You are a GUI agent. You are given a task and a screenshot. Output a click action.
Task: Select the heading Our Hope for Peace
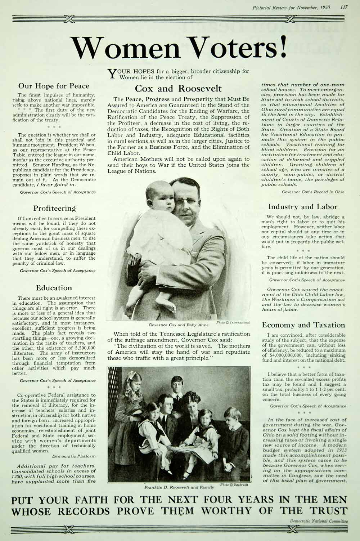click(54, 86)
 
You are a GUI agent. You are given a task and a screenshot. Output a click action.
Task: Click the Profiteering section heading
click(55, 208)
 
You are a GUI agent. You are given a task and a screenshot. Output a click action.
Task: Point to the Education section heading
click(54, 288)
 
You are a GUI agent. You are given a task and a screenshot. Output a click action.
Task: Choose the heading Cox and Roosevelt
click(178, 89)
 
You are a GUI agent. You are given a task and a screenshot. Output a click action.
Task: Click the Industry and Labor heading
click(303, 207)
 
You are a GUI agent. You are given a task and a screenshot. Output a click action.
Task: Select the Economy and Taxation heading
click(303, 325)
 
